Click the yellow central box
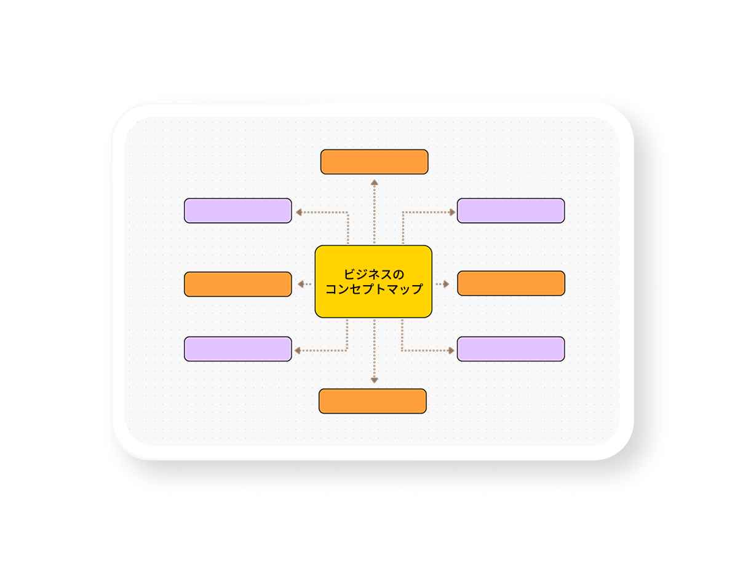tap(373, 281)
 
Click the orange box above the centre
tap(374, 162)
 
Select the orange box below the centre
tap(372, 401)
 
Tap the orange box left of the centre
tap(237, 284)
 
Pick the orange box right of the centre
tap(511, 283)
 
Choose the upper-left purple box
tap(237, 210)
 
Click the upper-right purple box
tap(511, 210)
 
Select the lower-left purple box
tap(237, 348)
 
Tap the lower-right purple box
tap(511, 348)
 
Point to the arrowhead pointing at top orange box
tap(374, 182)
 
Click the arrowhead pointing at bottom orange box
tap(374, 380)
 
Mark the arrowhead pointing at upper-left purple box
tap(298, 212)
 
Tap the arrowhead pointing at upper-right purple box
tap(452, 212)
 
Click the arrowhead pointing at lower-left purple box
tap(298, 350)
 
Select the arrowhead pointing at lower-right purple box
tap(451, 350)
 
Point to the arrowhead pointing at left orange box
tap(301, 284)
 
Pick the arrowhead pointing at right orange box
tap(446, 284)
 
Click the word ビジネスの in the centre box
tap(374, 274)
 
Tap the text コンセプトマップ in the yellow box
tap(374, 289)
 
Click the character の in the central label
tap(399, 274)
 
